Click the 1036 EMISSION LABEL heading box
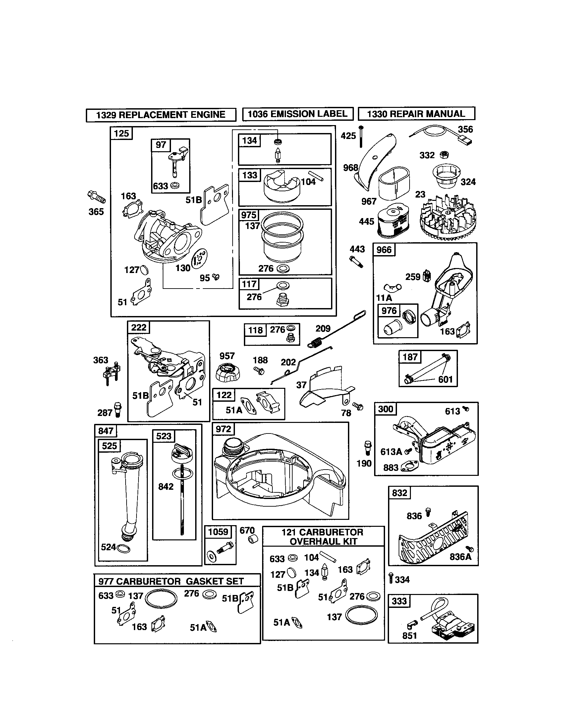coord(297,114)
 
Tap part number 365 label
coord(96,212)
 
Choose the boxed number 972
coord(223,429)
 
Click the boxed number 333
coord(400,601)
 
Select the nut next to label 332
coord(444,155)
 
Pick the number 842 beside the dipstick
coord(166,486)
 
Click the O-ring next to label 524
coord(124,549)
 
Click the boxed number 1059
coord(218,532)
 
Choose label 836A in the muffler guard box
coord(460,557)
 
